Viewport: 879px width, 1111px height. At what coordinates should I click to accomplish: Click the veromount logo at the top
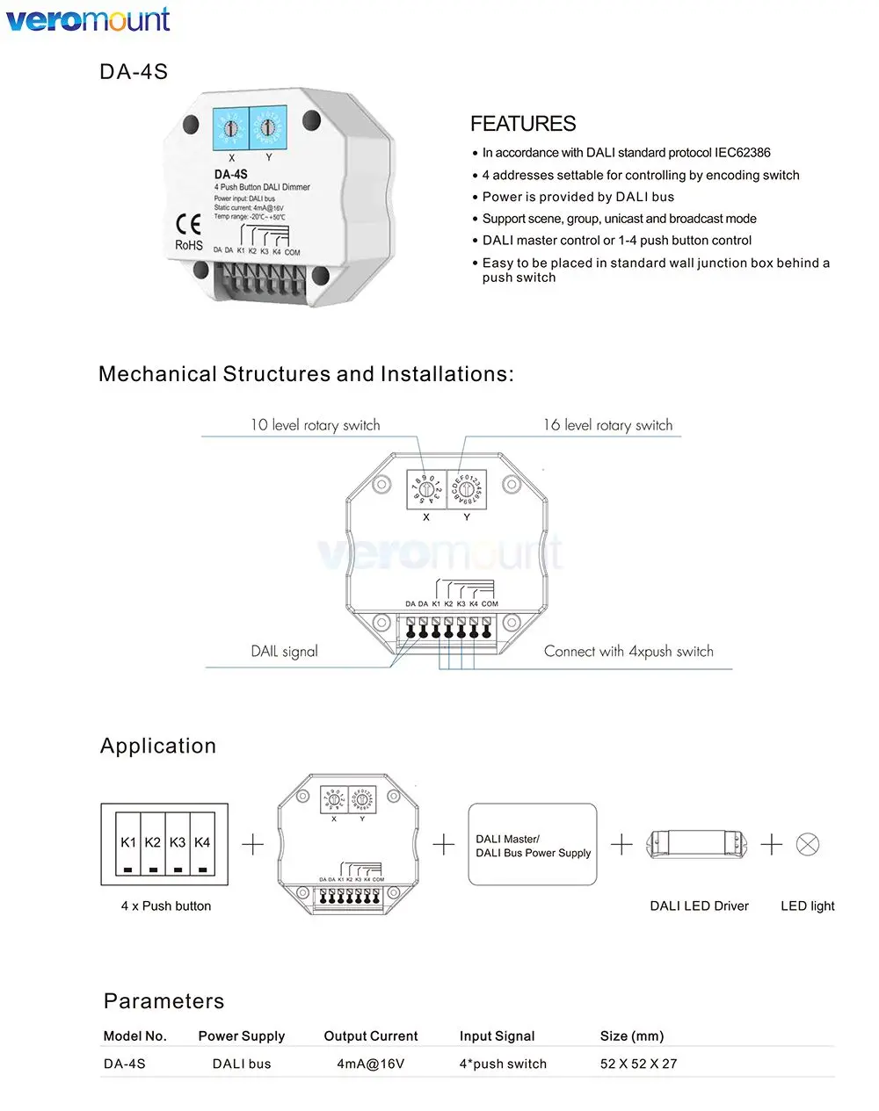(x=88, y=19)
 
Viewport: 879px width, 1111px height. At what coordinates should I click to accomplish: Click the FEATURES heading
(x=523, y=124)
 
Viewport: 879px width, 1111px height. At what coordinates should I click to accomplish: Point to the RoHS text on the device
(x=189, y=245)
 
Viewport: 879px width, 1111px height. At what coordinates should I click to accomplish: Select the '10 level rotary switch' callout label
(x=315, y=425)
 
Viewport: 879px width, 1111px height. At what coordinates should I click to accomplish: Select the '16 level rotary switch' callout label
(x=607, y=425)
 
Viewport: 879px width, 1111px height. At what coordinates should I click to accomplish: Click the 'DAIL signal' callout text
(x=284, y=652)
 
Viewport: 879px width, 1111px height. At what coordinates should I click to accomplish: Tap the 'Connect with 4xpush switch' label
(x=628, y=652)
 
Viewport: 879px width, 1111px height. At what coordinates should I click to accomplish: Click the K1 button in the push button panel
(x=128, y=843)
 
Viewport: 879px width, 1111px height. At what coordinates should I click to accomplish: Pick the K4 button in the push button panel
(x=202, y=843)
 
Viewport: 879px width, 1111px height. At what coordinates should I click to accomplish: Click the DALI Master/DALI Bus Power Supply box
(x=533, y=845)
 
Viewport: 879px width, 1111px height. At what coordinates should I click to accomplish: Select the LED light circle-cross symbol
(x=808, y=845)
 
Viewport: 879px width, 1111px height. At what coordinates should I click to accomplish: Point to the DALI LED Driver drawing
(x=700, y=845)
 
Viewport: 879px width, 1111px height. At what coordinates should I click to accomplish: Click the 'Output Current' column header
(x=371, y=1036)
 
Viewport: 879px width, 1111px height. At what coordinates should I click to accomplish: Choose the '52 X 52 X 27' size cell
(x=639, y=1064)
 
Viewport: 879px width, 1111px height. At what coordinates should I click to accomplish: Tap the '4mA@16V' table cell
(x=371, y=1064)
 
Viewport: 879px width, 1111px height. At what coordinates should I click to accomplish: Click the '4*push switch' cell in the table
(x=503, y=1064)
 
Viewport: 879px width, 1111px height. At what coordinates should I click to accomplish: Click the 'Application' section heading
(x=158, y=746)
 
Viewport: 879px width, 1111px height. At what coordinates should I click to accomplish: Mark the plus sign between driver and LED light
(x=771, y=845)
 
